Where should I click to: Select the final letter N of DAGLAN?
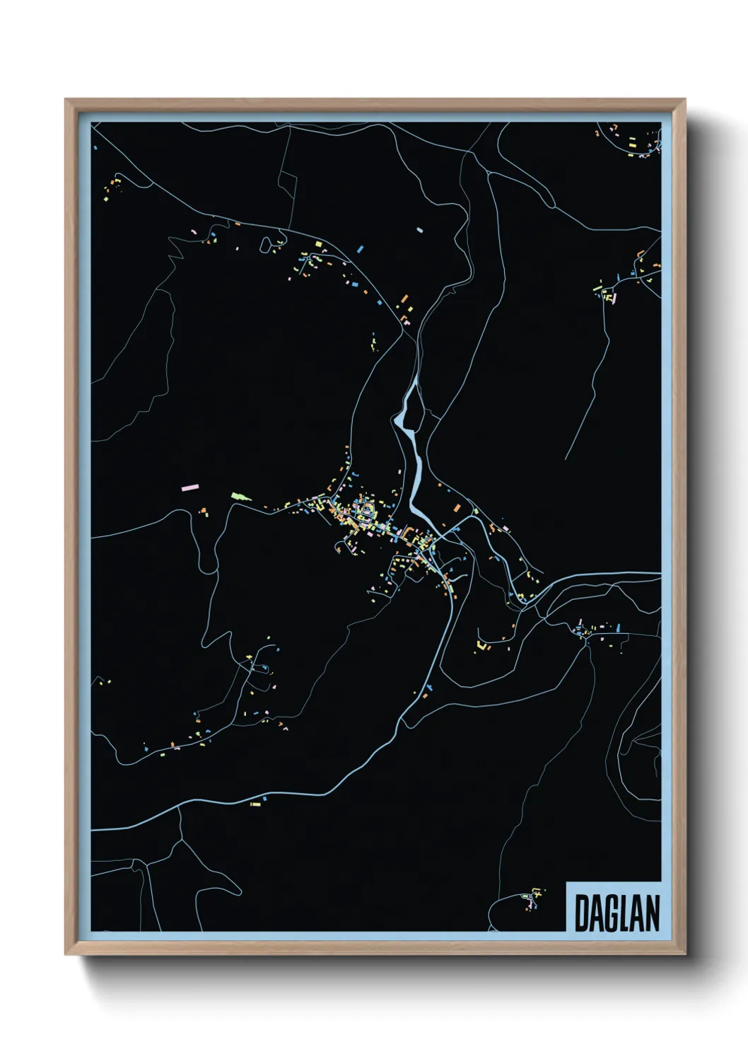pyautogui.click(x=652, y=913)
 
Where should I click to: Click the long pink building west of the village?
pyautogui.click(x=189, y=487)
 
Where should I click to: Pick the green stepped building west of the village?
pyautogui.click(x=240, y=497)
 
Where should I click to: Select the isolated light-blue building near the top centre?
pyautogui.click(x=419, y=229)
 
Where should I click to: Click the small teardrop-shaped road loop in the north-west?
pyautogui.click(x=266, y=245)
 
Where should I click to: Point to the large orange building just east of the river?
pyautogui.click(x=457, y=508)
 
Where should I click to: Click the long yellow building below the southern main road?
pyautogui.click(x=255, y=804)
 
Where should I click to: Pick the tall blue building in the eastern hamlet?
pyautogui.click(x=618, y=627)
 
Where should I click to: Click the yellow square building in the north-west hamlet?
pyautogui.click(x=319, y=244)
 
